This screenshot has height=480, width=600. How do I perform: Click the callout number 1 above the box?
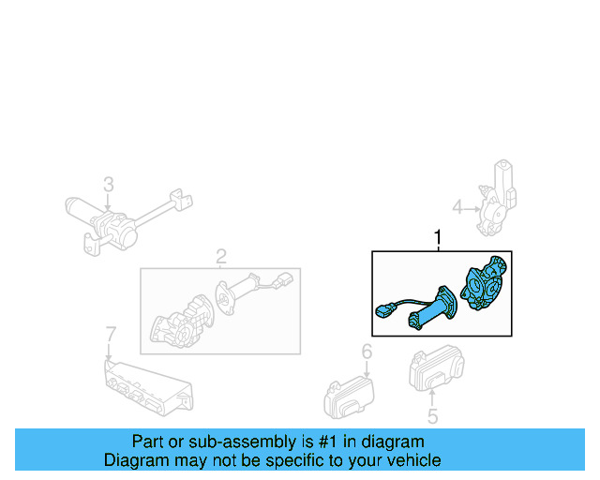click(437, 239)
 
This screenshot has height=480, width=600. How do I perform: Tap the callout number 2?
click(221, 256)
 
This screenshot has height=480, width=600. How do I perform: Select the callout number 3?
click(108, 184)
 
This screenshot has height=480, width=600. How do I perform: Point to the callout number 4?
click(457, 207)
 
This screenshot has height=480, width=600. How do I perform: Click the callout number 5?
click(432, 417)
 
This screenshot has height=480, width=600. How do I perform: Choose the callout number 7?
click(110, 334)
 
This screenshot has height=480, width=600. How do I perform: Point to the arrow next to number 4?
click(473, 207)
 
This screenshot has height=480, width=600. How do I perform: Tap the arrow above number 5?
click(432, 398)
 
